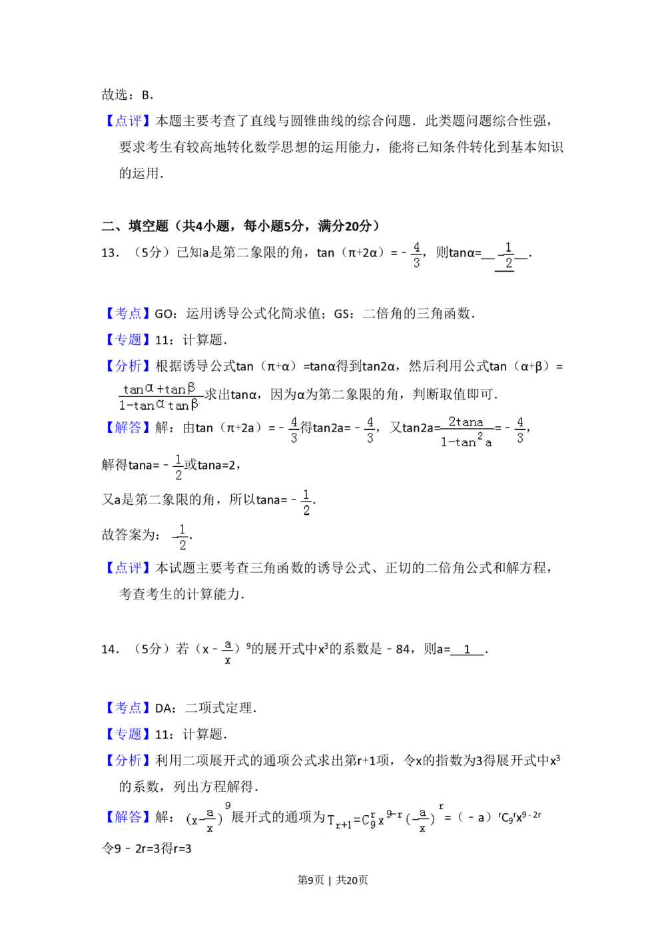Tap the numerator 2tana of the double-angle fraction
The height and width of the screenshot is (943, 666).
(x=466, y=422)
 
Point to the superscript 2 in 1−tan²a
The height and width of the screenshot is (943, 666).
(x=480, y=436)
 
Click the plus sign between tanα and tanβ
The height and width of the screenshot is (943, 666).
(x=161, y=390)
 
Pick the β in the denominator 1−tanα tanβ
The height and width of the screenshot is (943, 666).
(x=194, y=404)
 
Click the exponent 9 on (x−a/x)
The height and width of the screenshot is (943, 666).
(x=228, y=806)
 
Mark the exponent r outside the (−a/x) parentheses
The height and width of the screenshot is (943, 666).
(x=441, y=807)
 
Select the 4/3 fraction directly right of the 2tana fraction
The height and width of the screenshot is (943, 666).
(x=520, y=430)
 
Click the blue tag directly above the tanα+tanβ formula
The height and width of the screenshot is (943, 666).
(x=128, y=365)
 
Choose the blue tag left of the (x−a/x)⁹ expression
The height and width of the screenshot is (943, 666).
(x=128, y=818)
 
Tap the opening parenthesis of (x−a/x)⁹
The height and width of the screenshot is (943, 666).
(x=186, y=821)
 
